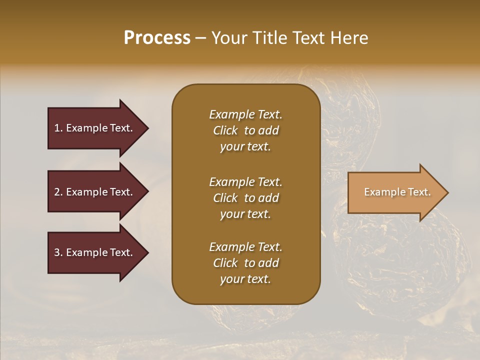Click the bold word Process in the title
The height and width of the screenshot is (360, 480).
[x=157, y=38]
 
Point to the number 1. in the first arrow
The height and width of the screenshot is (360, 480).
[x=58, y=128]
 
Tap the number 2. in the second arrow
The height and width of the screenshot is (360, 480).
[x=58, y=192]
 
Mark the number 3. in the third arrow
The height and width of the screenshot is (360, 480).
[x=58, y=252]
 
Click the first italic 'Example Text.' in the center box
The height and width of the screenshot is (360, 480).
[x=245, y=114]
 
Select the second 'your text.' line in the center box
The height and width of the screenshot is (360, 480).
[x=245, y=214]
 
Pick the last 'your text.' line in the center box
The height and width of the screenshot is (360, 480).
[x=245, y=279]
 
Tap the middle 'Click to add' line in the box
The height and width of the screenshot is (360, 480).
[x=245, y=198]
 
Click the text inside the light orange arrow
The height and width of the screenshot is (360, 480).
[x=397, y=192]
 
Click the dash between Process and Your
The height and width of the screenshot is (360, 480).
[x=200, y=38]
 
